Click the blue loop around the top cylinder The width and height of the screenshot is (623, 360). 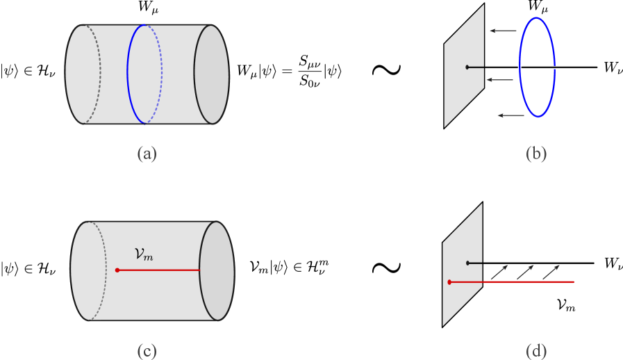point(128,74)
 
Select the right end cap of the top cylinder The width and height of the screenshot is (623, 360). point(211,74)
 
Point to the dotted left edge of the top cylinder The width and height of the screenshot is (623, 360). point(99,69)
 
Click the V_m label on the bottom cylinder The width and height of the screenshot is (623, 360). point(143,255)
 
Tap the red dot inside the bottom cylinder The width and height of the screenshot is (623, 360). point(117,270)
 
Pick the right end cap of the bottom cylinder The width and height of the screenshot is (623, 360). point(217,271)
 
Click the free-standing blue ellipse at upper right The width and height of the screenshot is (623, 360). point(520,67)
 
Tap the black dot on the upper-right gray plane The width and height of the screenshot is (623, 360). point(467,67)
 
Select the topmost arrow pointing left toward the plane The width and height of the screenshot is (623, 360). point(503,31)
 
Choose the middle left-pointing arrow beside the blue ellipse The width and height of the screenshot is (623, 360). point(499,80)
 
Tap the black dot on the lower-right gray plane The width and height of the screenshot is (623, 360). point(467,263)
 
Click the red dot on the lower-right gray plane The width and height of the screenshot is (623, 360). point(449,282)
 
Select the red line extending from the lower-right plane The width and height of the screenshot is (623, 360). point(528,282)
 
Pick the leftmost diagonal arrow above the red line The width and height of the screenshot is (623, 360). point(499,272)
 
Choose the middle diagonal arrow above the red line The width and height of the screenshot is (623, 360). point(525,272)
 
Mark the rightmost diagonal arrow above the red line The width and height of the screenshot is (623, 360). point(551,272)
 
